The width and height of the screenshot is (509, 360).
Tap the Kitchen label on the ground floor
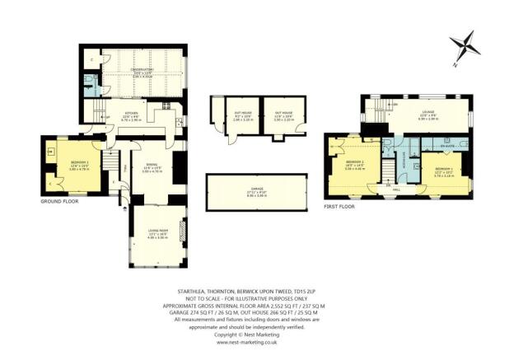(x=132, y=115)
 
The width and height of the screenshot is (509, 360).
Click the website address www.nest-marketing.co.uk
(x=256, y=342)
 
